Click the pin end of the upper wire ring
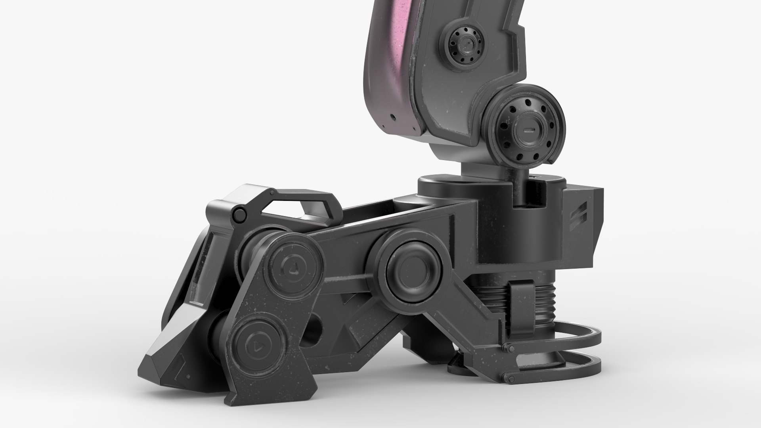tap(505, 348)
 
